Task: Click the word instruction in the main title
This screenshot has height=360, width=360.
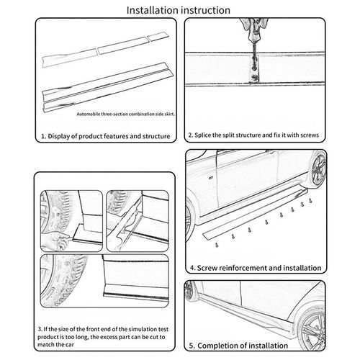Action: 205,10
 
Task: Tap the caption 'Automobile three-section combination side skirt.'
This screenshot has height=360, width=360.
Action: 125,114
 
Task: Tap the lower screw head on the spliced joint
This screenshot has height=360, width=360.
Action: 255,77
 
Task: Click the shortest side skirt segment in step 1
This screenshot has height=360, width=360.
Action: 158,37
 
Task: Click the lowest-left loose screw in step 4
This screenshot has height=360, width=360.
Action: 217,245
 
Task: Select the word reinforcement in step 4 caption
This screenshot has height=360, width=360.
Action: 243,268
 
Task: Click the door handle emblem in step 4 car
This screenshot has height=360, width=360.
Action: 211,178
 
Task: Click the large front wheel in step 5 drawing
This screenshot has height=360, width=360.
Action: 311,330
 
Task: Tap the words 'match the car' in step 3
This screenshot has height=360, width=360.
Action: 55,345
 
